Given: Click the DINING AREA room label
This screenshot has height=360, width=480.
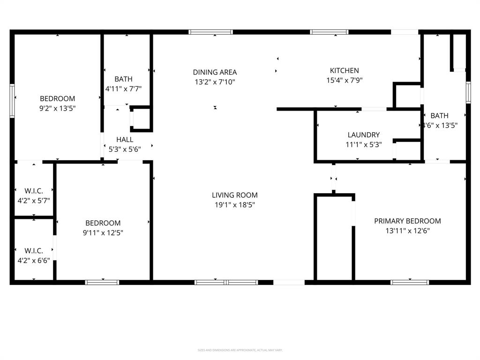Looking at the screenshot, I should point(215,72).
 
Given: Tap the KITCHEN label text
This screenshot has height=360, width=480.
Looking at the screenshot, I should point(344,71).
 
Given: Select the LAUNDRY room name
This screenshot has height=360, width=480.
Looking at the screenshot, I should point(363,135).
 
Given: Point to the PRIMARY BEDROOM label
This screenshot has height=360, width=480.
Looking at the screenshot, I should point(407,221).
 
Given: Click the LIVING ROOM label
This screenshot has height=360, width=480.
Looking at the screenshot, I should point(234,195).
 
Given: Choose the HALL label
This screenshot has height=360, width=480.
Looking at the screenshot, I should point(125,140).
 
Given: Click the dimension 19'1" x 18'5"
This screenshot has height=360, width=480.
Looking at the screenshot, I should point(234,205).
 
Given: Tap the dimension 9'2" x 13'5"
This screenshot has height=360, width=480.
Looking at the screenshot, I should point(57,108).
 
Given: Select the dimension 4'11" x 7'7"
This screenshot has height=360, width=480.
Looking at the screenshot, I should point(123,89).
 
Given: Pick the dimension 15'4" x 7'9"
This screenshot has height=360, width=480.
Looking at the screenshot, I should point(344,80).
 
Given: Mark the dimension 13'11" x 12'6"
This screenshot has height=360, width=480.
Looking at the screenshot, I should point(407,231).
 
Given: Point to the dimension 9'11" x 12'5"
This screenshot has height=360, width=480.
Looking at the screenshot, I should point(103,232).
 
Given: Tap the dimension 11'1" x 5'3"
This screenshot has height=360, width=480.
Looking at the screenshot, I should point(363,144).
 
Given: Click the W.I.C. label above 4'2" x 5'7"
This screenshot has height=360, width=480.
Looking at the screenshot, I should point(33,191).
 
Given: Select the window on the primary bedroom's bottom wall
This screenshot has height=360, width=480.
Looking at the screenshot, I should point(410,282).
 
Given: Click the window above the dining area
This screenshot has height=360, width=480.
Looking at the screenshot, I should point(210,32).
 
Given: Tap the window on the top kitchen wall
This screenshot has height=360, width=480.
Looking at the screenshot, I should point(329,32).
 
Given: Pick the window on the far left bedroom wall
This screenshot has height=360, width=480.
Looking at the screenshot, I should point(12,100).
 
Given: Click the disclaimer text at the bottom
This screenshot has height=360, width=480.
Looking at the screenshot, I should point(240,350).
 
